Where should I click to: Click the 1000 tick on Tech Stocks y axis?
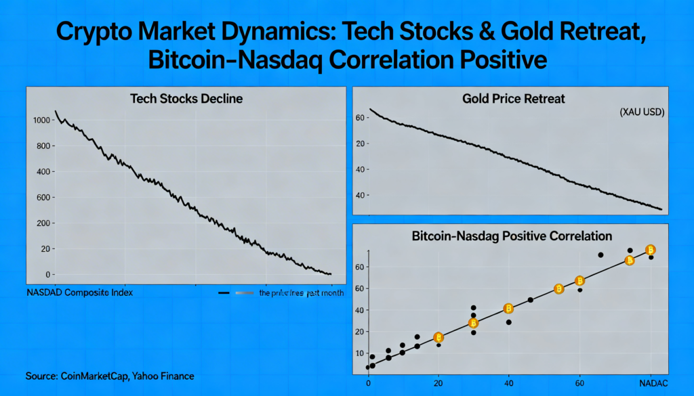click(41, 120)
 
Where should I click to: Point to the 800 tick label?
click(43, 146)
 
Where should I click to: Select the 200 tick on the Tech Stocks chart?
click(43, 223)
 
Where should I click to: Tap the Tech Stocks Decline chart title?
click(186, 99)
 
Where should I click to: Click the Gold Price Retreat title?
click(513, 99)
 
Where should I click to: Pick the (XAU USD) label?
click(642, 113)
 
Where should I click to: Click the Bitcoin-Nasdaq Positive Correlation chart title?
click(512, 236)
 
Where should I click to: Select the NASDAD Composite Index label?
click(79, 293)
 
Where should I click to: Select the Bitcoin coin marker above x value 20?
click(438, 337)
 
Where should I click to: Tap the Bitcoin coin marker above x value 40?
click(508, 309)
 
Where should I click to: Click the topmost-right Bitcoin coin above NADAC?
click(651, 249)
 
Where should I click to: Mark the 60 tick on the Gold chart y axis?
click(361, 118)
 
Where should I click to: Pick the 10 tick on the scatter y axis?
click(360, 353)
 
